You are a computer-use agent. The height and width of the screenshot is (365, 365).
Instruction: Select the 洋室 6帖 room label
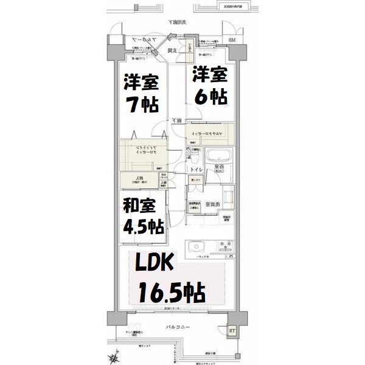[210, 85]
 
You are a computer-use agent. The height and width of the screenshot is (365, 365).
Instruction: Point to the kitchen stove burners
[225, 246]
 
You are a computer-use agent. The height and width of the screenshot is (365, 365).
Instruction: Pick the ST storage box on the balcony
[232, 331]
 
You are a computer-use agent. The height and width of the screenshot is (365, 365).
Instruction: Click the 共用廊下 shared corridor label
[177, 23]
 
